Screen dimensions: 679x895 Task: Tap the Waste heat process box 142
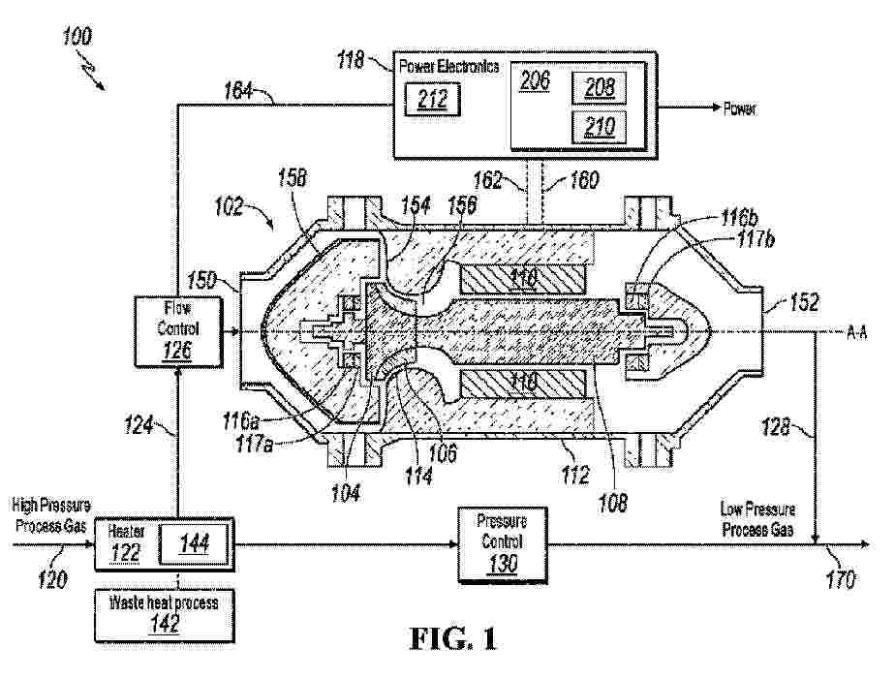point(163,612)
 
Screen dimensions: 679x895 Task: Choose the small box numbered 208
point(592,88)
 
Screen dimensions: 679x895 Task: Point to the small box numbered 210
point(592,126)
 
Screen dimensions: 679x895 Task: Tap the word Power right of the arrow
point(740,109)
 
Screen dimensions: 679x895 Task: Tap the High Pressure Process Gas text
point(51,512)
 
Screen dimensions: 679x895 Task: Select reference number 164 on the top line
point(235,92)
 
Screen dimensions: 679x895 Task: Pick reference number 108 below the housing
point(612,503)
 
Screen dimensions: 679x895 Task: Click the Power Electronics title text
point(449,67)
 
